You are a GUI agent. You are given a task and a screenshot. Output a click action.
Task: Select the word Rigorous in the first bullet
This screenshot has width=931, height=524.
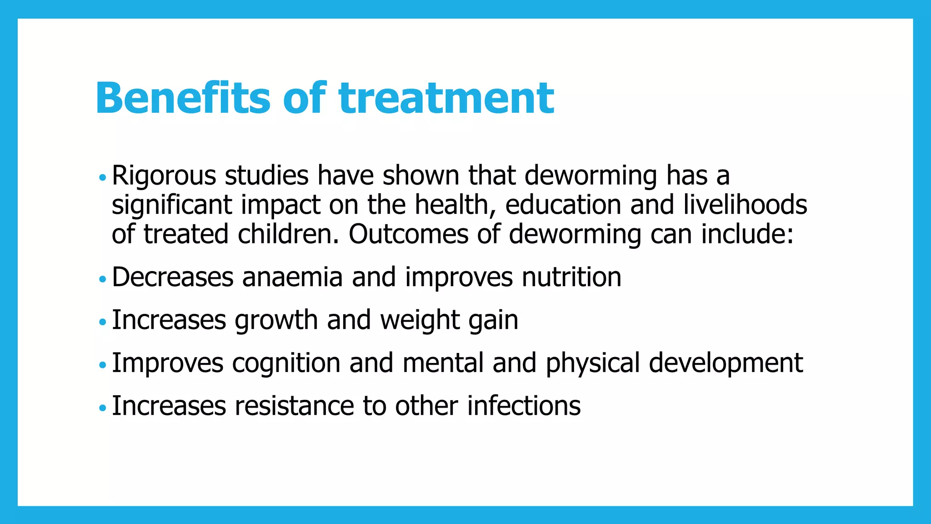point(164,176)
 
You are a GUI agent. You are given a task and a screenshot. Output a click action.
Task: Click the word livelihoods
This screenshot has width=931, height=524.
point(745,205)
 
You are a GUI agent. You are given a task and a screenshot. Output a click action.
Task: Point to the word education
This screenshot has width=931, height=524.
point(563,205)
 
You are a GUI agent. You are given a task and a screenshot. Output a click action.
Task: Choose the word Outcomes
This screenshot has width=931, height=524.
point(408,234)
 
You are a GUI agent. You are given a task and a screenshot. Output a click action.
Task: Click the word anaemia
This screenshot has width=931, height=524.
point(292,277)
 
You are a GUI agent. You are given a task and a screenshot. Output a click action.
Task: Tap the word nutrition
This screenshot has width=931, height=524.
point(571,277)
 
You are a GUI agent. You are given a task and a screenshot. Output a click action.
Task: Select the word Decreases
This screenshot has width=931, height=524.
point(172,277)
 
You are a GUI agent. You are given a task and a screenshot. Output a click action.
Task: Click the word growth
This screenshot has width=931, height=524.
point(276,320)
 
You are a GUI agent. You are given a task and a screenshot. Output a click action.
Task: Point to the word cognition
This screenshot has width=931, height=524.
point(286,363)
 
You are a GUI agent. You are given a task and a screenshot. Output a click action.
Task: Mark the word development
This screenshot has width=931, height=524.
point(726,363)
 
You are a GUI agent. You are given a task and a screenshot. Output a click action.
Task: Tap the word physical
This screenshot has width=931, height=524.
point(593,363)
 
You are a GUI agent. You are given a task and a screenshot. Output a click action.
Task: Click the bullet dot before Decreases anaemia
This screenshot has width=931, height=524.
point(102,279)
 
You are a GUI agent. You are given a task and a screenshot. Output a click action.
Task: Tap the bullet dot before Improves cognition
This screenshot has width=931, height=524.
point(102,365)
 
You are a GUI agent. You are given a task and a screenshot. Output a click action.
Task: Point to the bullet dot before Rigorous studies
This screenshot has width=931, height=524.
point(102,177)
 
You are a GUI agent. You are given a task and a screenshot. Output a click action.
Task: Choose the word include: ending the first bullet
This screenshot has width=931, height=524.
point(747,234)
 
